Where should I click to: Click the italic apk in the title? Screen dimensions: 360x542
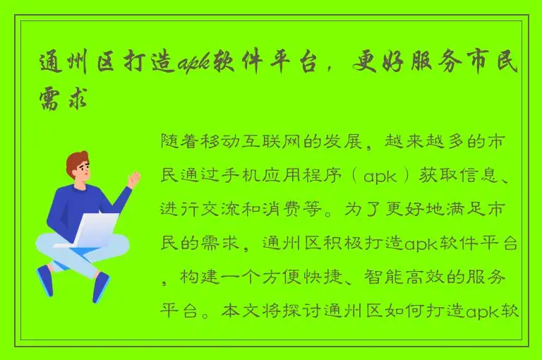(x=195, y=64)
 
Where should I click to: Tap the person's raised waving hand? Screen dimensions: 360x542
(x=133, y=179)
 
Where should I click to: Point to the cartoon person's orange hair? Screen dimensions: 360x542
(x=76, y=162)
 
